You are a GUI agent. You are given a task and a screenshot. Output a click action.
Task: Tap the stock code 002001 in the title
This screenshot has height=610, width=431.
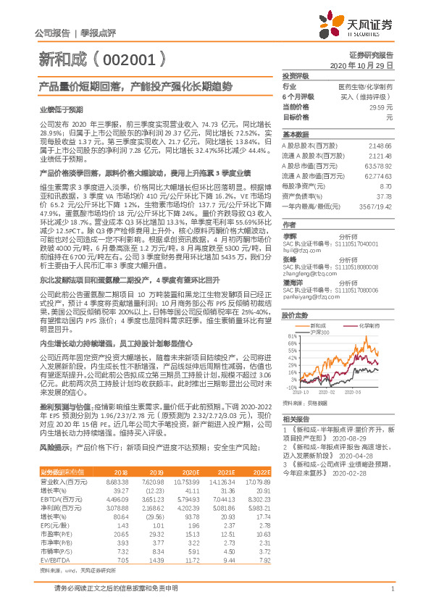pos(130,59)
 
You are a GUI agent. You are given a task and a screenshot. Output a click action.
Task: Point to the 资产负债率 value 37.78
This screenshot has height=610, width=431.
pos(383,196)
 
